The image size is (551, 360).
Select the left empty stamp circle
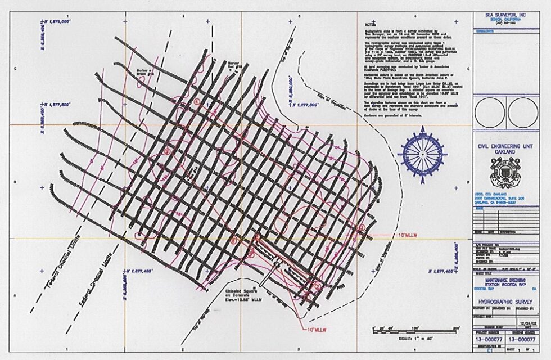[490, 112]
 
